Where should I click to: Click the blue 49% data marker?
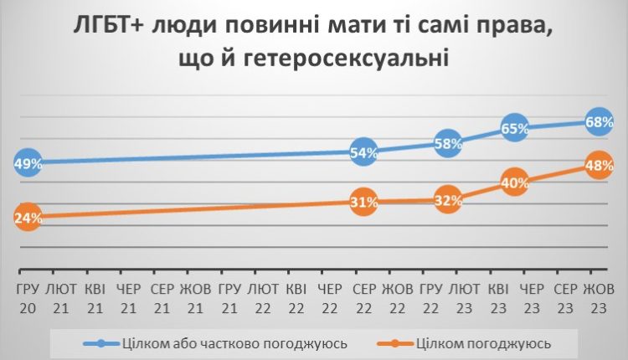tap(28, 163)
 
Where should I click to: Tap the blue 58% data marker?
tap(449, 143)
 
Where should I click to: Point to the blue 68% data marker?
tap(599, 122)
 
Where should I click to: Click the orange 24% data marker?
tap(27, 218)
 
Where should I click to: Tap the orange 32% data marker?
tap(449, 200)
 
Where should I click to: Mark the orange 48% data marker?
tap(599, 166)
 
